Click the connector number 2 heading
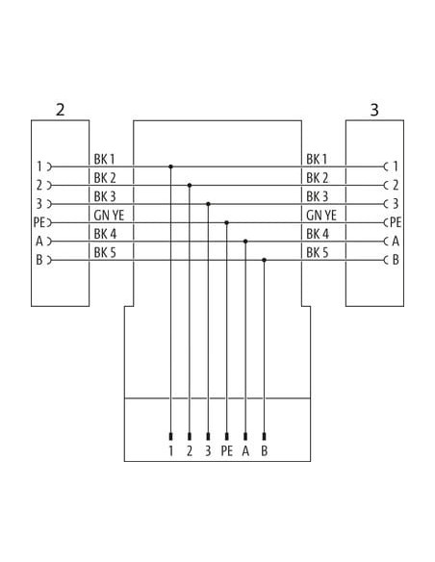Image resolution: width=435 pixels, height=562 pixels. point(61,110)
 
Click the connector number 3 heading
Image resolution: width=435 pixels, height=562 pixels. point(374,110)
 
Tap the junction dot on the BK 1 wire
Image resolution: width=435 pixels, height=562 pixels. point(170,166)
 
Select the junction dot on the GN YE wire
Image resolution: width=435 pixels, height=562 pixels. point(226,222)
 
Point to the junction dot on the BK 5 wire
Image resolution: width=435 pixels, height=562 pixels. point(264,260)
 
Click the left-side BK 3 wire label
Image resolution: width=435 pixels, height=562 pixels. point(105,196)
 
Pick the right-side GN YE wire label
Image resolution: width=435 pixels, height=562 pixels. point(321,216)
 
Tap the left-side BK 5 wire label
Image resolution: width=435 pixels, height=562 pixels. point(105,253)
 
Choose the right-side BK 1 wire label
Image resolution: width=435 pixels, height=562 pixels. point(317,159)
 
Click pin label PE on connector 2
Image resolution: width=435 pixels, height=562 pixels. point(39,222)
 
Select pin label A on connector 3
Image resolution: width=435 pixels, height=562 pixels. point(396,242)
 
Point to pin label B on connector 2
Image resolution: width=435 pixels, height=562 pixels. point(39,260)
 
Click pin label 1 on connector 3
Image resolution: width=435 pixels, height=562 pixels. point(396,166)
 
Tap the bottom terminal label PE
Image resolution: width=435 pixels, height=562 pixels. point(226,451)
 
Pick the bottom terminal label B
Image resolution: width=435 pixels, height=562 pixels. point(264,451)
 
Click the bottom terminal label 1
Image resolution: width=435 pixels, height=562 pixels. point(171,451)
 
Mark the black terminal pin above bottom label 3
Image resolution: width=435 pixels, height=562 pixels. point(208,437)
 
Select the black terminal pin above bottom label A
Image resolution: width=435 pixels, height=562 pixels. point(245,437)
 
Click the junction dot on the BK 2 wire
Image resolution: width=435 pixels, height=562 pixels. point(190,186)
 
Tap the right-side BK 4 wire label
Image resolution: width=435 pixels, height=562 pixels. point(318,234)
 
